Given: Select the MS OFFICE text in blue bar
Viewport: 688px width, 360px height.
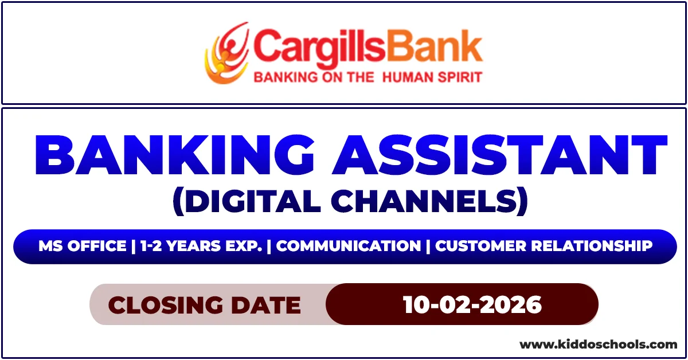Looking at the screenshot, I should (x=83, y=246).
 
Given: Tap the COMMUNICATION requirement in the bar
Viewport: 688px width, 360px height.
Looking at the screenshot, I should (x=349, y=246).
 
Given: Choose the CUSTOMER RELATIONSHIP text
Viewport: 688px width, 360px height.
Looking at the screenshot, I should (x=544, y=246).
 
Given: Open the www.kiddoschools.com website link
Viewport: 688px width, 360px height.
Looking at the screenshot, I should (x=598, y=345).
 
